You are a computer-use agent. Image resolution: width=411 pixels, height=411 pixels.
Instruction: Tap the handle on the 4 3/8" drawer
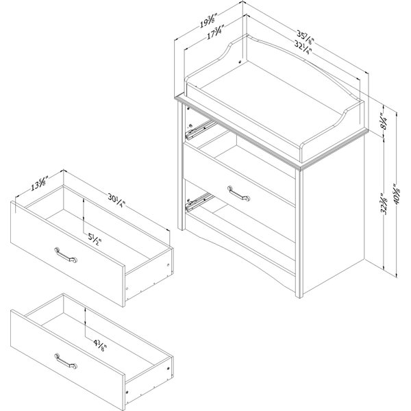pyautogui.click(x=64, y=360)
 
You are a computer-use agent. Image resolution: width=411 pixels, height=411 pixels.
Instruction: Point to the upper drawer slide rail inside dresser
pyautogui.click(x=198, y=127)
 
